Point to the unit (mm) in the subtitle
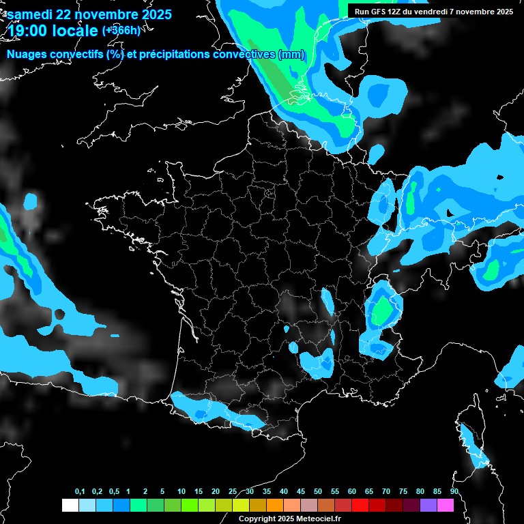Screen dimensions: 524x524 pos(291,55)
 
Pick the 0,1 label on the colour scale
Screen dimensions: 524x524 pos(80,492)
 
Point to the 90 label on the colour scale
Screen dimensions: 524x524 pos(454,492)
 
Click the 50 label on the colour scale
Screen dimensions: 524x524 pos(318,492)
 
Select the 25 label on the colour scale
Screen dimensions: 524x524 pos(233,492)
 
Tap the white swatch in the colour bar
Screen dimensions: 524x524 pos(70,505)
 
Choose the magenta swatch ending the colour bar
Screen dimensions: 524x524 pos(445,505)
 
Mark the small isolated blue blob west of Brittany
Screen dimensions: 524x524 pos(30,201)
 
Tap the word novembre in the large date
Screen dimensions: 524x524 pos(104,14)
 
